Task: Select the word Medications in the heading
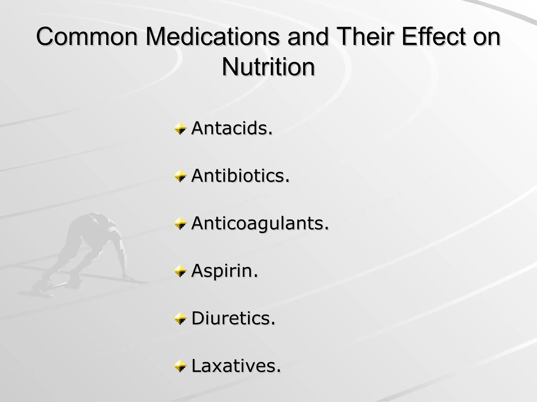(x=213, y=37)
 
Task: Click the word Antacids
(x=232, y=128)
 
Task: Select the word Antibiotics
(x=240, y=176)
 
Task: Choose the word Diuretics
(x=233, y=318)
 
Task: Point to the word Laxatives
(x=236, y=366)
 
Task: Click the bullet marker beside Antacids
(x=180, y=129)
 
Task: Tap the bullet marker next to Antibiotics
(x=180, y=176)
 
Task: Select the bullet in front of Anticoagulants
(x=180, y=224)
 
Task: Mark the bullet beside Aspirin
(x=180, y=271)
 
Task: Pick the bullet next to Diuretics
(x=180, y=319)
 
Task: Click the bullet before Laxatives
(x=180, y=366)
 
